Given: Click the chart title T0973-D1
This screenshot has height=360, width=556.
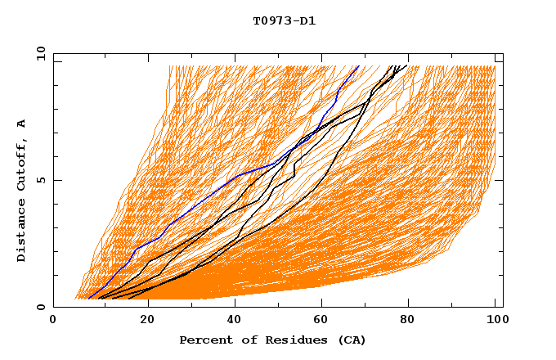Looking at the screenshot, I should (x=284, y=20).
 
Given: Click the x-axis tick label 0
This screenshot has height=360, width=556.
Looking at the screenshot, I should (x=53, y=322).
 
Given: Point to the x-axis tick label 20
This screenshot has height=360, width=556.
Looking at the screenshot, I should (x=148, y=322).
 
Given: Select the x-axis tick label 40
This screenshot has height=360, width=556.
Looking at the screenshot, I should (x=236, y=322).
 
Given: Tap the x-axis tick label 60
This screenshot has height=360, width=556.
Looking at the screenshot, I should (x=325, y=322).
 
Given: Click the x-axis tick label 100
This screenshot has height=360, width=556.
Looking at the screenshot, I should (x=495, y=322).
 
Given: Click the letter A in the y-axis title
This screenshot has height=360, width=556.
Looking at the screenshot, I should (x=22, y=124).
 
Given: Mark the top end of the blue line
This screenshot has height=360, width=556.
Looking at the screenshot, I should (x=358, y=65).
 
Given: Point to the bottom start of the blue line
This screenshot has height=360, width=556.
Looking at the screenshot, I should (x=88, y=299).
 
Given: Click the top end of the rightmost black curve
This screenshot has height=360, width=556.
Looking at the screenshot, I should (x=407, y=65).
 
